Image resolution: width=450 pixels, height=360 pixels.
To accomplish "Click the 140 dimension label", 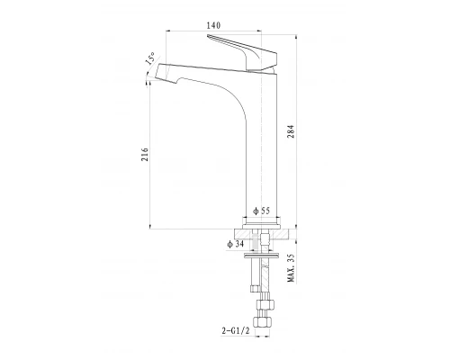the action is [x=213, y=25].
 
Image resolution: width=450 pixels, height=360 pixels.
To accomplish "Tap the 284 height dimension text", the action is [x=291, y=131].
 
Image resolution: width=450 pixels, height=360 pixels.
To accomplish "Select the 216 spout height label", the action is [x=145, y=155].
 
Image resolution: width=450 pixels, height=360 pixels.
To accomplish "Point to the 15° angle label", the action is [x=150, y=58].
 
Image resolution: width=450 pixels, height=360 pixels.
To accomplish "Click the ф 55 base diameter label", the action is [x=261, y=211].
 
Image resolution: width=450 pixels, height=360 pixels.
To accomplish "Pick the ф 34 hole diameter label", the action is [x=236, y=244].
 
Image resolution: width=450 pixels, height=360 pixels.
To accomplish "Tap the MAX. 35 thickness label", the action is [x=291, y=268].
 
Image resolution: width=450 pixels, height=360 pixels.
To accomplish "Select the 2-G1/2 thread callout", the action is [x=236, y=331].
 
